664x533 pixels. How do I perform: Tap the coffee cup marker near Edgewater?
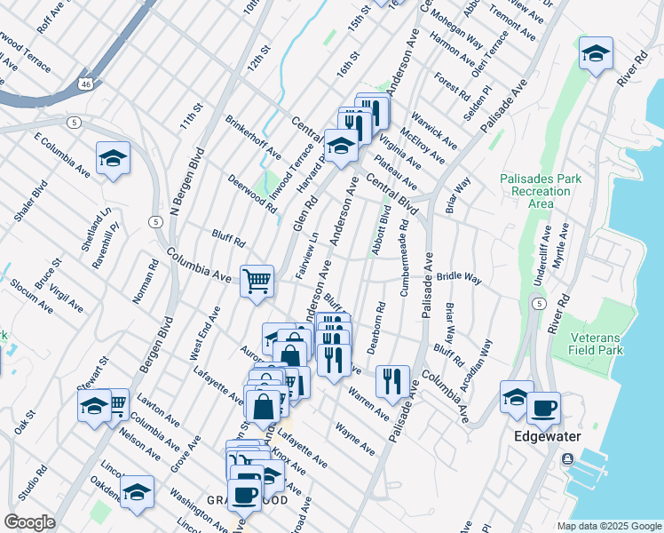point(543,409)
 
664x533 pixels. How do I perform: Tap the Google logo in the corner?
point(29,522)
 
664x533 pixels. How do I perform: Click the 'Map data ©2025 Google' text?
point(609,526)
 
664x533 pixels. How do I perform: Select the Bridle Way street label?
point(458,279)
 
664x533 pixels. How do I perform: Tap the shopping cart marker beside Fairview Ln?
point(257,281)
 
